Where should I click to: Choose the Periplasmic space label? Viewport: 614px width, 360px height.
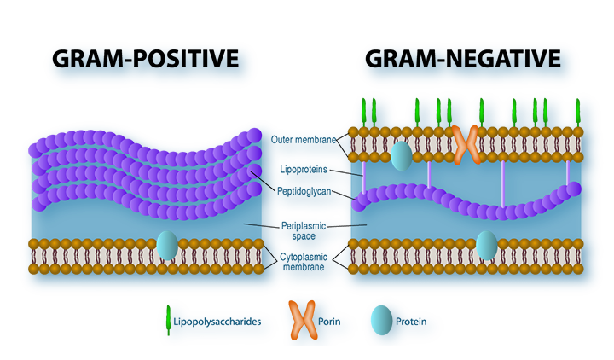[304, 229]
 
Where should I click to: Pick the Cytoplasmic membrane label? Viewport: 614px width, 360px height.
[304, 261]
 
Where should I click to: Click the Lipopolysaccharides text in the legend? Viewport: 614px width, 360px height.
[218, 322]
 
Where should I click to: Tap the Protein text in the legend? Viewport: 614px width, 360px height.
[413, 322]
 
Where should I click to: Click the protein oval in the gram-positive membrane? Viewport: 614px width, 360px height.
[167, 246]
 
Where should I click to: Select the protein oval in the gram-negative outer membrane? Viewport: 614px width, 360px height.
[402, 155]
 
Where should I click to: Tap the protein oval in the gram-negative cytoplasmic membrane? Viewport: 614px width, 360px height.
[486, 245]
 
